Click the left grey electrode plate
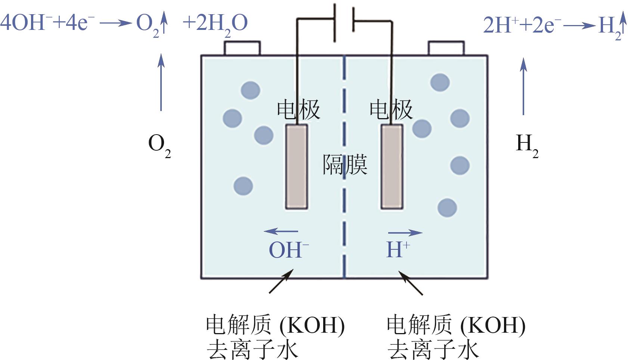pyautogui.click(x=297, y=167)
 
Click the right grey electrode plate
pyautogui.click(x=392, y=167)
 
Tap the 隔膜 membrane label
pyautogui.click(x=345, y=165)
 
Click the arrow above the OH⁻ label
pyautogui.click(x=281, y=232)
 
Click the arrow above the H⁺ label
pyautogui.click(x=405, y=233)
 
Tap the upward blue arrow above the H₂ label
pyautogui.click(x=523, y=86)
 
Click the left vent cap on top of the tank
pyautogui.click(x=242, y=49)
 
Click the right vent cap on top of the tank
pyautogui.click(x=446, y=49)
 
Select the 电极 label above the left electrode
pyautogui.click(x=298, y=110)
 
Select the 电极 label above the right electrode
pyautogui.click(x=391, y=110)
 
